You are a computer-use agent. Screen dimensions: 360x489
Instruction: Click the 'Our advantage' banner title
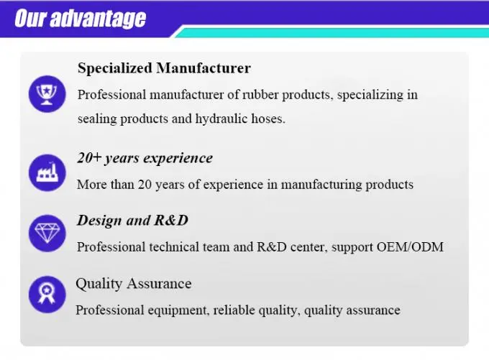coord(80,18)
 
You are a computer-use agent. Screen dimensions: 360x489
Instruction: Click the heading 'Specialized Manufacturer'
coord(164,68)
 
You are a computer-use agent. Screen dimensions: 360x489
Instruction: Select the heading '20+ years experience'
coord(145,158)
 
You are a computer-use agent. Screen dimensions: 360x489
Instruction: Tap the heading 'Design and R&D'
coord(132,220)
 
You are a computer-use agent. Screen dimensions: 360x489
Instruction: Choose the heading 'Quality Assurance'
coord(134,284)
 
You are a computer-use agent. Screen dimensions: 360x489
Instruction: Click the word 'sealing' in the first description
coord(97,119)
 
